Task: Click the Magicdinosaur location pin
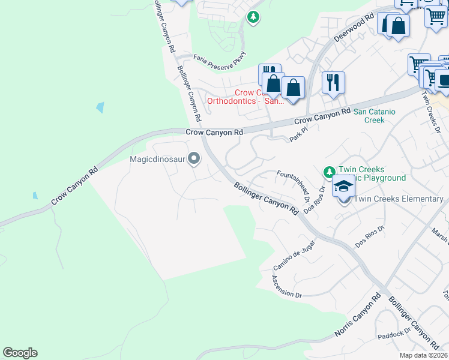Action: [194, 159]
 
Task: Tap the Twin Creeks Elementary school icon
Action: [344, 188]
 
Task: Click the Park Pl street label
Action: [298, 134]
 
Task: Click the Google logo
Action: [20, 353]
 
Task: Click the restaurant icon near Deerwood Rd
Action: [333, 82]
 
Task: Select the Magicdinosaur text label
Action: [157, 160]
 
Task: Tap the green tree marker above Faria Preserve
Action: [253, 17]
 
